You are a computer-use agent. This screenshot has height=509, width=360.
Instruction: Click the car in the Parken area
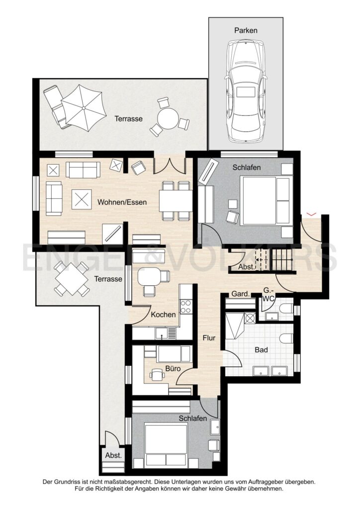(x=246, y=91)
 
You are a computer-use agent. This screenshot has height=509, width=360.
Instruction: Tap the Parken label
(x=246, y=30)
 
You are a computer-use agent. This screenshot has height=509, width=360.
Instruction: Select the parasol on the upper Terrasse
(x=84, y=108)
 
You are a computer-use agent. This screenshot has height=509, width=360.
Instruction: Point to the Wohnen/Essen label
(x=122, y=202)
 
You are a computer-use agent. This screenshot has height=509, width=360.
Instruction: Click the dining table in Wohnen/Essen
(x=176, y=200)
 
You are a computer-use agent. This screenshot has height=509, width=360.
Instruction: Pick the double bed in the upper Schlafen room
(x=266, y=200)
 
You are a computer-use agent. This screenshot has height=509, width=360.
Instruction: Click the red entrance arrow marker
(x=312, y=214)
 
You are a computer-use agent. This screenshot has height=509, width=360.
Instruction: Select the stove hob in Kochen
(x=185, y=307)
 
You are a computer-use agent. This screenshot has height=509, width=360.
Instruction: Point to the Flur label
(x=209, y=338)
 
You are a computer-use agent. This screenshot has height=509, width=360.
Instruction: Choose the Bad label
(x=262, y=350)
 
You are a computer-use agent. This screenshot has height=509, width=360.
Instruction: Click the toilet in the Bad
(x=287, y=338)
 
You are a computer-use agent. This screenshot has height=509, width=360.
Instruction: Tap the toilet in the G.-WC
(x=286, y=309)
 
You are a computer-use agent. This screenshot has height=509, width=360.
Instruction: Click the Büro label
(x=173, y=369)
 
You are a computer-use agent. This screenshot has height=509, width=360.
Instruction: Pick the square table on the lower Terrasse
(x=72, y=278)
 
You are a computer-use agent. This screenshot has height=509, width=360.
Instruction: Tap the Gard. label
(x=241, y=294)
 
